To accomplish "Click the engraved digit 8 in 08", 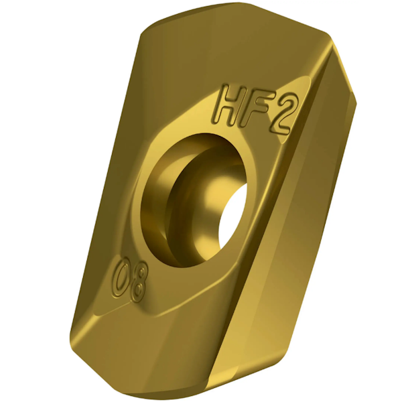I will (137, 287).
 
